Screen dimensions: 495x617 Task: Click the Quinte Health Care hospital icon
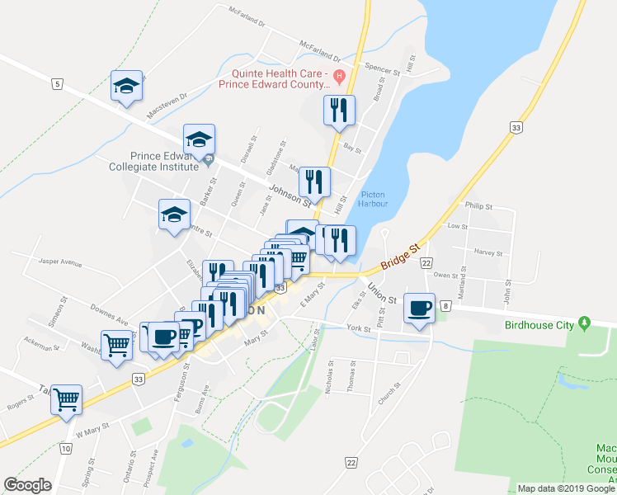tap(338, 76)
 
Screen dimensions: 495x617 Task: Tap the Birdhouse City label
tap(540, 325)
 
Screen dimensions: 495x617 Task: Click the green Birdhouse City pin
tap(585, 322)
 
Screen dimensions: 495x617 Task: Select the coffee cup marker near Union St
tap(420, 309)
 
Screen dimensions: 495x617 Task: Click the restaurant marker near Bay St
tap(338, 110)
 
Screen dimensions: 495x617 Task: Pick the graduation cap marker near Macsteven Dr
tap(126, 86)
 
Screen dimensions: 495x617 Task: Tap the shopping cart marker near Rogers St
tap(66, 399)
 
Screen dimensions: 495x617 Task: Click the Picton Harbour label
tap(374, 199)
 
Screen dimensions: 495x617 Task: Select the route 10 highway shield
tap(65, 449)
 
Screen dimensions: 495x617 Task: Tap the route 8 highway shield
tap(445, 306)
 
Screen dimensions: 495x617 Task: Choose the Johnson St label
tap(291, 196)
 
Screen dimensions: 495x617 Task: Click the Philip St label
tap(478, 206)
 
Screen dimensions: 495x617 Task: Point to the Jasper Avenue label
tap(59, 263)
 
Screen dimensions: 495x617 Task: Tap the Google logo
tap(28, 485)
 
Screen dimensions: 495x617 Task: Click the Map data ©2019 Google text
tap(565, 488)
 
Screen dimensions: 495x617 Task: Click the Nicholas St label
tap(329, 375)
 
